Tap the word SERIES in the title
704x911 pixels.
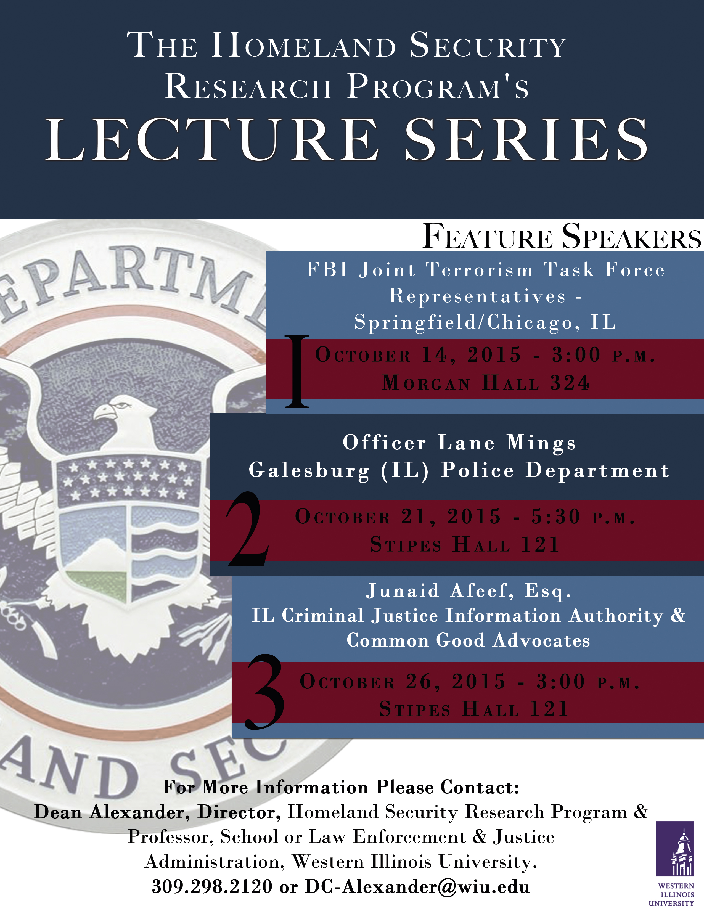tap(527, 139)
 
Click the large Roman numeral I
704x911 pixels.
tap(297, 371)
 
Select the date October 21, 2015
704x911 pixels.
tap(398, 517)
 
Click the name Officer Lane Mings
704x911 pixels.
tap(459, 442)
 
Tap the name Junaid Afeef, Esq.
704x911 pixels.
tap(469, 591)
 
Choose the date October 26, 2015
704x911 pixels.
tap(403, 682)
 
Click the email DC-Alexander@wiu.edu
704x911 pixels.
tap(417, 887)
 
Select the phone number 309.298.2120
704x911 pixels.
tap(212, 887)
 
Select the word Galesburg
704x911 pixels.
tap(309, 470)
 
